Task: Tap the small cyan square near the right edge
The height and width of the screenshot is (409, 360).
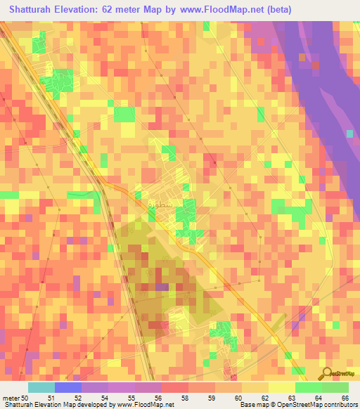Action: click(x=349, y=133)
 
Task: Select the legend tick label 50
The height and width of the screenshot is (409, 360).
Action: click(x=25, y=398)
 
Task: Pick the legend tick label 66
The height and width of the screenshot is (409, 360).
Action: click(x=345, y=398)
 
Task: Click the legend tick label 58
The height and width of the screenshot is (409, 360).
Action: click(x=184, y=398)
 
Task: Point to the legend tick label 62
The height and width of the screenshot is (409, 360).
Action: click(x=264, y=398)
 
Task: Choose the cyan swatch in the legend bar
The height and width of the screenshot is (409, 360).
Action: click(x=41, y=387)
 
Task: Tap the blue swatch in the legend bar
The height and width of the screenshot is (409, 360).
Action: click(x=68, y=387)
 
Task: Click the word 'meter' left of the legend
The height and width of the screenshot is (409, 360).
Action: click(x=11, y=398)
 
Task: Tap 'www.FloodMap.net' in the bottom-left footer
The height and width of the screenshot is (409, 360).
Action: click(x=137, y=405)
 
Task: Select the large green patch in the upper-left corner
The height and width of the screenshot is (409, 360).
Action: click(x=58, y=82)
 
